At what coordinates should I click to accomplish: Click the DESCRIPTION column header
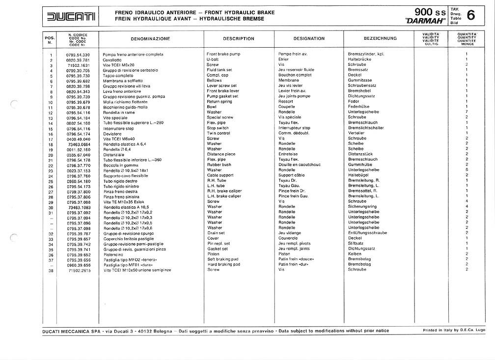pyautogui.click(x=238, y=38)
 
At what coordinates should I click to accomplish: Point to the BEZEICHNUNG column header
pyautogui.click(x=380, y=38)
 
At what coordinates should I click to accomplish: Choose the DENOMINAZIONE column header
pyautogui.click(x=150, y=38)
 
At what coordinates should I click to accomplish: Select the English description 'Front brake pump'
pyautogui.click(x=223, y=54)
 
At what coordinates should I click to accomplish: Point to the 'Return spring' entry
pyautogui.click(x=220, y=102)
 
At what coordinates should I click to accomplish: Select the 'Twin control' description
pyautogui.click(x=219, y=134)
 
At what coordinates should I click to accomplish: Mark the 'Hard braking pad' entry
pyautogui.click(x=223, y=264)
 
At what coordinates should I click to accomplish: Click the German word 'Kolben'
pyautogui.click(x=355, y=254)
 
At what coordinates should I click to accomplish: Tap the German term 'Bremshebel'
pyautogui.click(x=359, y=91)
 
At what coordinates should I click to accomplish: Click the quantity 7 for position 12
pyautogui.click(x=466, y=112)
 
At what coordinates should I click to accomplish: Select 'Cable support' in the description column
pyautogui.click(x=220, y=175)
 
